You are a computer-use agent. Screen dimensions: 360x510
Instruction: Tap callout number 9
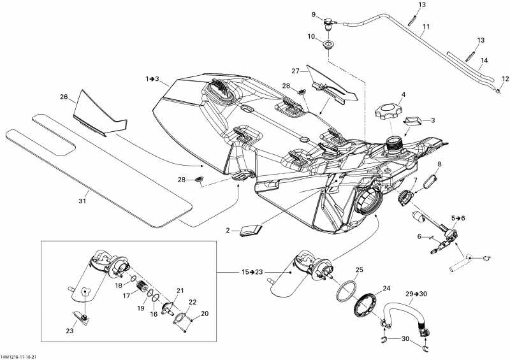coord(314,15)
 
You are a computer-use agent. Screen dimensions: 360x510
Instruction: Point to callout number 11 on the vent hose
coord(426,27)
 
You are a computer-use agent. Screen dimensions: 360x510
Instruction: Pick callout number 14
coord(484,61)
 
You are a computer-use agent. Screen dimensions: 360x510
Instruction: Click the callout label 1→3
coord(152,80)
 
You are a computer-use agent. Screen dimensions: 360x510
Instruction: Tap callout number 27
coord(295,71)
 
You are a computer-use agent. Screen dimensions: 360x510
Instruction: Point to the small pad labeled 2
coord(249,231)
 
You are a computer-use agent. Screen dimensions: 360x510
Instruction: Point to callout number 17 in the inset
coord(126,295)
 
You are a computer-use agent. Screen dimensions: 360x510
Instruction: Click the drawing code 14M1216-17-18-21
coord(22,356)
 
